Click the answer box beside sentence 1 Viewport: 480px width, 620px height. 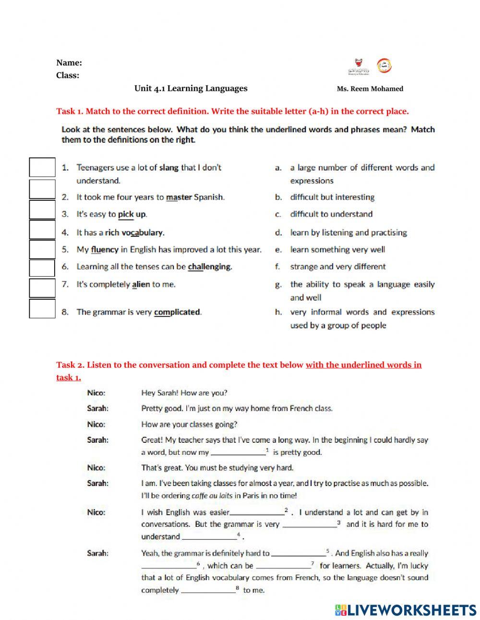(42, 167)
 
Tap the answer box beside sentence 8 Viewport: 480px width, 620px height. (42, 308)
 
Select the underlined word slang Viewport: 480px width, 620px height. (168, 168)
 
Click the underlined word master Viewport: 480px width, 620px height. (179, 197)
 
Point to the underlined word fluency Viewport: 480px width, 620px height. (104, 249)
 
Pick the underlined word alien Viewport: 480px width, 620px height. (141, 284)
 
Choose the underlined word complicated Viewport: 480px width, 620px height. (177, 312)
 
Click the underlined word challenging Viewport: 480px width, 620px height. (209, 267)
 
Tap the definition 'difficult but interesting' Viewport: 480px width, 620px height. (332, 197)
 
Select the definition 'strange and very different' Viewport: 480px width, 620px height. (337, 267)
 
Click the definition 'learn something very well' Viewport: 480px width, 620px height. (337, 249)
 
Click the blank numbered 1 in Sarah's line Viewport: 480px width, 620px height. (238, 452)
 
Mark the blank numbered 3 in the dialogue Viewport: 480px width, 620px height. (310, 524)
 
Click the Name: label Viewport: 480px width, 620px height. (69, 62)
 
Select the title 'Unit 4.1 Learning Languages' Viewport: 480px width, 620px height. (191, 88)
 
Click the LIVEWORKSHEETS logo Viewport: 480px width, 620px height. (406, 610)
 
